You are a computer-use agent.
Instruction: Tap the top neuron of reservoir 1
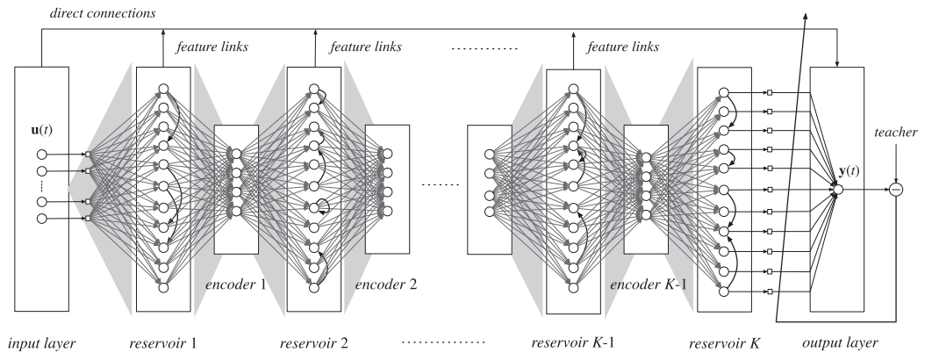(x=162, y=88)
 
